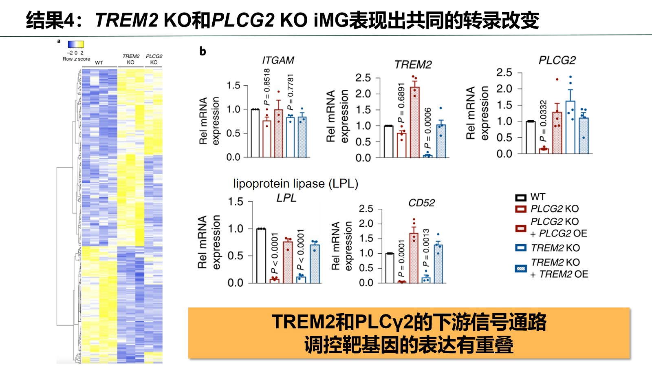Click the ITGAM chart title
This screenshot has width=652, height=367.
tap(278, 60)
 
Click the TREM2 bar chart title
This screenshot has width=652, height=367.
tap(413, 65)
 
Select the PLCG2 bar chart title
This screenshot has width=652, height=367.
tap(557, 60)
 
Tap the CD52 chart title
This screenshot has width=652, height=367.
tap(421, 203)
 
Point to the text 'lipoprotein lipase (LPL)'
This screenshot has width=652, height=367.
tap(295, 184)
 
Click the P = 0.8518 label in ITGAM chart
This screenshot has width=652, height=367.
tap(267, 86)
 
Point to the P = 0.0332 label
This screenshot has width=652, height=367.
tap(543, 121)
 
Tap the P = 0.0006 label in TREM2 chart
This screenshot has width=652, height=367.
tap(427, 128)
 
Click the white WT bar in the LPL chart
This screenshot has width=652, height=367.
tap(261, 256)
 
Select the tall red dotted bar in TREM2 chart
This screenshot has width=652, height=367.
tap(415, 122)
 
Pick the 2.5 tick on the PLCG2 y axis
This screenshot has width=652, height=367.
tap(504, 73)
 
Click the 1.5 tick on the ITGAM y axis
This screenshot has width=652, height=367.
tap(233, 85)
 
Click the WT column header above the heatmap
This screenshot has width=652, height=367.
tap(99, 63)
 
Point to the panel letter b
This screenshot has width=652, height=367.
tap(203, 51)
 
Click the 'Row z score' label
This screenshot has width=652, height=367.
tap(76, 59)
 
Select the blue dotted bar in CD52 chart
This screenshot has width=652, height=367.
tap(438, 263)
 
